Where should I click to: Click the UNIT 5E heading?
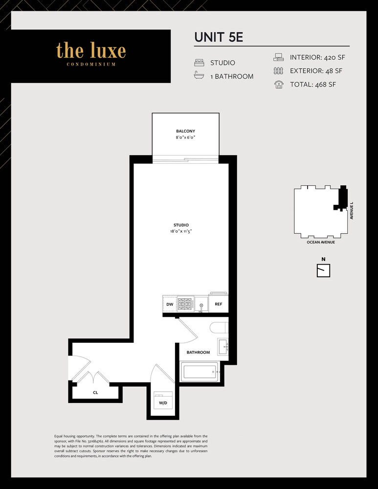click(x=219, y=38)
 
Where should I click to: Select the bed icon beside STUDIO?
click(x=199, y=63)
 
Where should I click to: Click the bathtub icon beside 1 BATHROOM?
click(x=199, y=76)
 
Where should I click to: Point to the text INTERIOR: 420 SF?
click(x=320, y=57)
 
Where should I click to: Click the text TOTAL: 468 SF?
click(x=313, y=84)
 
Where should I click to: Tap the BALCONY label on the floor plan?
click(x=186, y=131)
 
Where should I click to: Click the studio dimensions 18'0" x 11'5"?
click(x=181, y=231)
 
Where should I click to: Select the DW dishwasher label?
click(x=170, y=304)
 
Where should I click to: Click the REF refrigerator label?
click(x=219, y=304)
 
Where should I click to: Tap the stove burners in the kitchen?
click(x=185, y=304)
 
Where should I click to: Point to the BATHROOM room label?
click(x=198, y=352)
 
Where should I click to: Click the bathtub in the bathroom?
click(x=200, y=372)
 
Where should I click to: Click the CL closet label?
click(x=95, y=392)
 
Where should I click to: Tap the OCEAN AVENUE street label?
click(x=321, y=242)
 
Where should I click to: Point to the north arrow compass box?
click(x=324, y=270)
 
